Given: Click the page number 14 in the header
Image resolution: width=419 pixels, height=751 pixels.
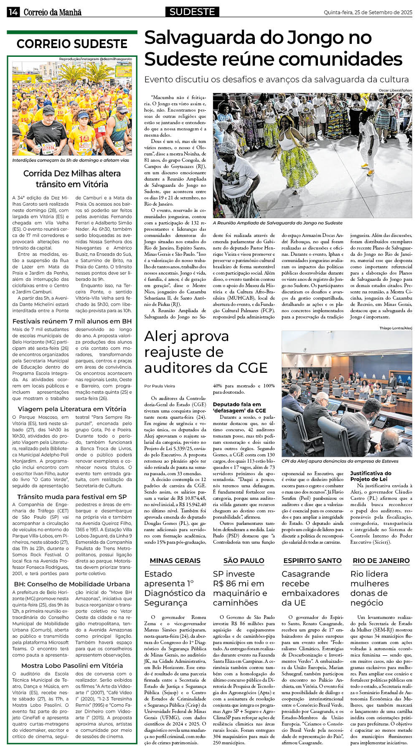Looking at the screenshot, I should pyautogui.click(x=13, y=13).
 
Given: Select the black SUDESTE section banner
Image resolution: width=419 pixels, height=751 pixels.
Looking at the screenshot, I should pyautogui.click(x=192, y=12).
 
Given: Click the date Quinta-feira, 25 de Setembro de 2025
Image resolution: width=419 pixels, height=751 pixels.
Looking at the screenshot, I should pyautogui.click(x=368, y=13).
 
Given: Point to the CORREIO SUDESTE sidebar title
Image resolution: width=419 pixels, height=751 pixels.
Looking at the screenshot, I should pyautogui.click(x=72, y=44).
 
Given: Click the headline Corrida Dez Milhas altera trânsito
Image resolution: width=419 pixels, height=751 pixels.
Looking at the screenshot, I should pyautogui.click(x=72, y=179).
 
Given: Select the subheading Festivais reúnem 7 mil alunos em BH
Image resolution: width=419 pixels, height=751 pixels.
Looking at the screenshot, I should pyautogui.click(x=72, y=321).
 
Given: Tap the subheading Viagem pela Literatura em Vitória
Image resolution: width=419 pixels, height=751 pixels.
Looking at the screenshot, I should pyautogui.click(x=72, y=409).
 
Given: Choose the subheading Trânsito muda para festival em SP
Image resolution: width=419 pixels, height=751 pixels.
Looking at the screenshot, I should pyautogui.click(x=72, y=497).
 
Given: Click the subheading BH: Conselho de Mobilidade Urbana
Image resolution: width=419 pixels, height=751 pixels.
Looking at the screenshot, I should pyautogui.click(x=72, y=584).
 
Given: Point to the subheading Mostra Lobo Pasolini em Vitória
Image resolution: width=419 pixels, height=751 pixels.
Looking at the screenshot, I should pyautogui.click(x=72, y=665).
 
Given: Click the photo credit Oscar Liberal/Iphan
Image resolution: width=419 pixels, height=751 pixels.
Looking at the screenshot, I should pyautogui.click(x=395, y=91).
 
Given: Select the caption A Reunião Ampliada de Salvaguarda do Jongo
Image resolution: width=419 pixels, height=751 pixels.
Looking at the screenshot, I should pyautogui.click(x=277, y=223).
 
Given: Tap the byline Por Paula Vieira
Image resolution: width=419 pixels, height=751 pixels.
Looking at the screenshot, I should pyautogui.click(x=160, y=386).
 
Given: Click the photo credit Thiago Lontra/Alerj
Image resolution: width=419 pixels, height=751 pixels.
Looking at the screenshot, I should pyautogui.click(x=396, y=328).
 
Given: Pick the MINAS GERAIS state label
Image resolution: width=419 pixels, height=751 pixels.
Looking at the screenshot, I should pyautogui.click(x=175, y=561).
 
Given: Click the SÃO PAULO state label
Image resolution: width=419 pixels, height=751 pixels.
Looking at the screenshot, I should pyautogui.click(x=244, y=561).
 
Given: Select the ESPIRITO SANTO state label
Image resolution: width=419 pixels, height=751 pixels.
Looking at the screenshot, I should pyautogui.click(x=312, y=561).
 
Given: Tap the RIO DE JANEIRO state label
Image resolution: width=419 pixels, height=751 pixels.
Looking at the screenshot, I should pyautogui.click(x=381, y=561).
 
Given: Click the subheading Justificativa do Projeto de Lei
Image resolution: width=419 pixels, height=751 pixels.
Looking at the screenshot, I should pyautogui.click(x=371, y=476).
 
